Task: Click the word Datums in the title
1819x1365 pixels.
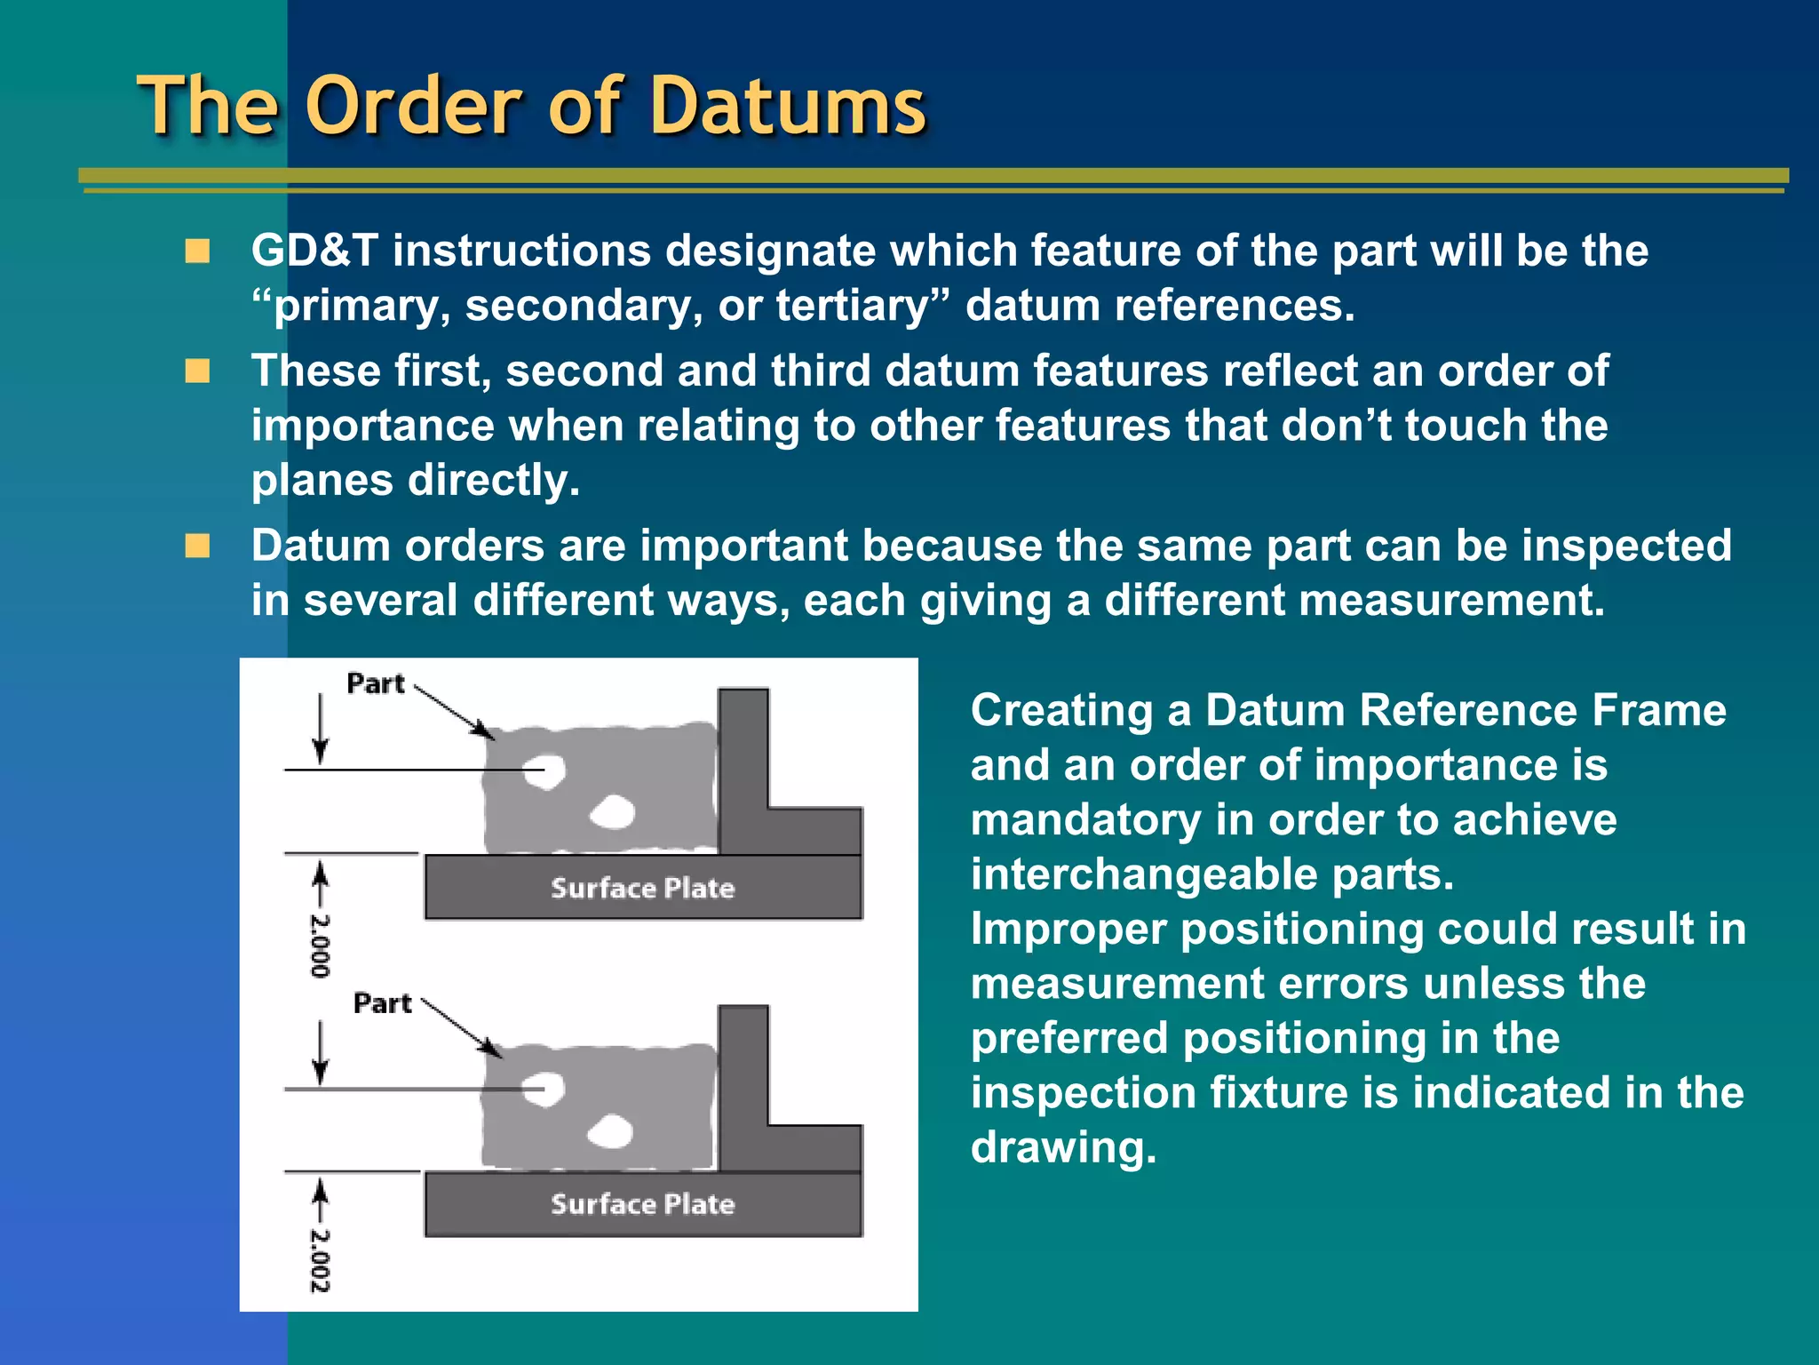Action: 789,107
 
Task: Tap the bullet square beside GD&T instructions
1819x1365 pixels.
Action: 197,251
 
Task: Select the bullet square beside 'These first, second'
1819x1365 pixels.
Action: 197,371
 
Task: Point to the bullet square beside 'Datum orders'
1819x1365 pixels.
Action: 197,545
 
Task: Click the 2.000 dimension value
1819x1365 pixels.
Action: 320,944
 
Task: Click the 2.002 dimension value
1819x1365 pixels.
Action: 320,1260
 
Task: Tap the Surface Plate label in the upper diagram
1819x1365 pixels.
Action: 643,888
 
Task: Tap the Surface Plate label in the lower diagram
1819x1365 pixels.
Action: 643,1204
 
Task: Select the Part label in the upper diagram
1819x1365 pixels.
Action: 375,683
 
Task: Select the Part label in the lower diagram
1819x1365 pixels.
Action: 382,1003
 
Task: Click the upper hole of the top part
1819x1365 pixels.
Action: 544,770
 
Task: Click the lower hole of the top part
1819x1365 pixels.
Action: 612,811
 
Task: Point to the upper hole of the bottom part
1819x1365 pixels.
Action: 544,1088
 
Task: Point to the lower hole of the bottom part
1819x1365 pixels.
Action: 610,1130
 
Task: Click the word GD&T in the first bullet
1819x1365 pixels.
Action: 314,251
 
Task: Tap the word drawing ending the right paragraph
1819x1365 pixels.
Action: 1062,1147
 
